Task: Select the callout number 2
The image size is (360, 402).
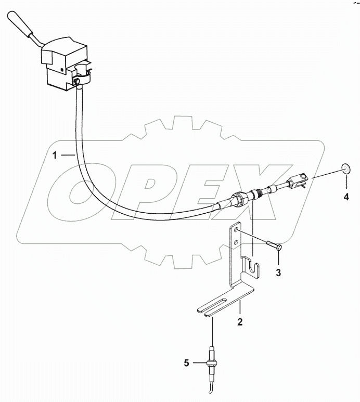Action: click(240, 322)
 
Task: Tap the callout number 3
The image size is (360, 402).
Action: click(279, 272)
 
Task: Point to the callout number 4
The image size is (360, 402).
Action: click(345, 197)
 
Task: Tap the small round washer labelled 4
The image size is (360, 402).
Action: click(345, 168)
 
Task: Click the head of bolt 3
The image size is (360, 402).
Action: click(280, 248)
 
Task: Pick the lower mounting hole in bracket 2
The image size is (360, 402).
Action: click(237, 241)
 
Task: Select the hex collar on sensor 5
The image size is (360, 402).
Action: click(212, 362)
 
